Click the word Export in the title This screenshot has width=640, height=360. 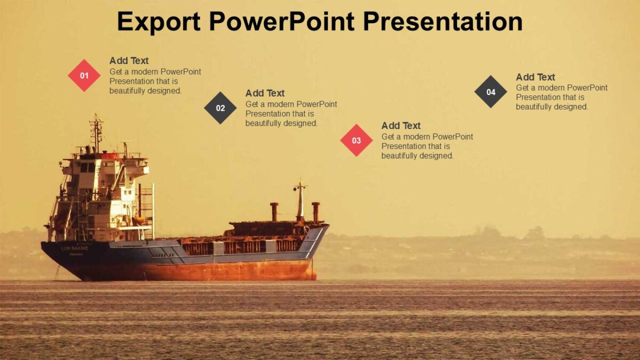click(x=158, y=22)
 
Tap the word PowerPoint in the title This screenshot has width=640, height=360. click(x=282, y=22)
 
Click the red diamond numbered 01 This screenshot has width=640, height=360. click(x=84, y=76)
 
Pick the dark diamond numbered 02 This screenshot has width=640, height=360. click(x=220, y=108)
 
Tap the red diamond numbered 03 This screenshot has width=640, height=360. click(x=356, y=141)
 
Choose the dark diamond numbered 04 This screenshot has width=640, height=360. click(x=491, y=92)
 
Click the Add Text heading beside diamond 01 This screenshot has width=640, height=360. click(x=129, y=61)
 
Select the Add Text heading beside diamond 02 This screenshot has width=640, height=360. click(x=265, y=93)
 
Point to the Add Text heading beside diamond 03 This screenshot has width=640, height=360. click(x=401, y=126)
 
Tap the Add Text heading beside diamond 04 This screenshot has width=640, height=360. click(x=535, y=77)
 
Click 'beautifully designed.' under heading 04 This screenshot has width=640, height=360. click(x=552, y=107)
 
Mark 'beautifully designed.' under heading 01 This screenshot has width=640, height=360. click(x=146, y=91)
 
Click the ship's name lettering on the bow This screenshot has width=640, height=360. click(x=75, y=248)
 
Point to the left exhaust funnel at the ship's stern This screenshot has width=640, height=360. click(x=274, y=212)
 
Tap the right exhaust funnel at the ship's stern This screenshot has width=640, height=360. click(x=316, y=212)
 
